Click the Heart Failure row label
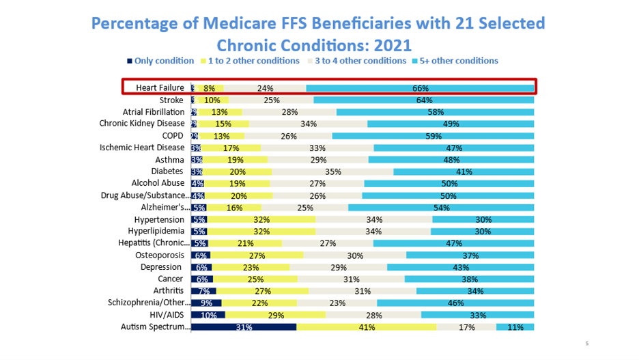click(160, 88)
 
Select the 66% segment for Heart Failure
click(420, 88)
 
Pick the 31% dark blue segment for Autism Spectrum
click(244, 327)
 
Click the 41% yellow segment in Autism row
click(367, 327)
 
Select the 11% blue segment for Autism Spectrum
click(515, 327)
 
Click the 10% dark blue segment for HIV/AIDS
click(208, 315)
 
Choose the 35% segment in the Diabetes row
click(332, 171)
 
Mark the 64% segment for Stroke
click(424, 100)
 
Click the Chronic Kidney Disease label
click(142, 124)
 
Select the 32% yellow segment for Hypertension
click(261, 219)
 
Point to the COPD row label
click(171, 135)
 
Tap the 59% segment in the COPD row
click(433, 135)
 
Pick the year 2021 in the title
click(390, 45)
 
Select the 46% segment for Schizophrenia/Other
click(455, 303)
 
